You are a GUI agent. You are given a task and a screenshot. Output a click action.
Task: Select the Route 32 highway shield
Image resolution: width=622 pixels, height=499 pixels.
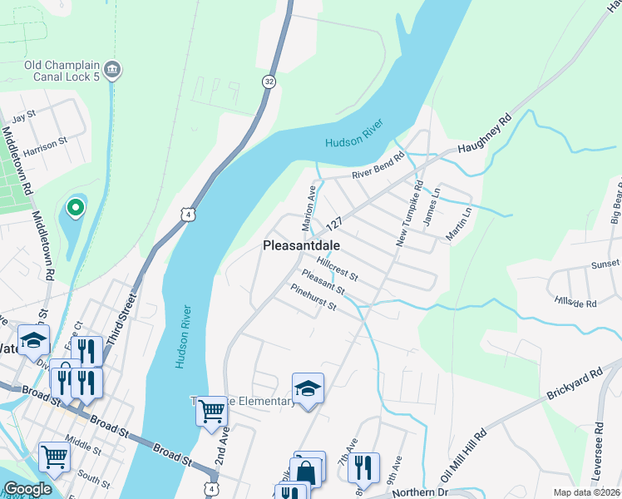coord(268,81)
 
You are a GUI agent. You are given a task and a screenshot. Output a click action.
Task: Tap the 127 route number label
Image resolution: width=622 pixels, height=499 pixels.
coord(335,225)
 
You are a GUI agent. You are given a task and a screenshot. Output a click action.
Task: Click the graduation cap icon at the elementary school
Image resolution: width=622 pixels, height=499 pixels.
coord(308,388)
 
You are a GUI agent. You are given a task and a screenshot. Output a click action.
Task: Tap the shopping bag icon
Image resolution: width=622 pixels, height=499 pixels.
coord(306,472)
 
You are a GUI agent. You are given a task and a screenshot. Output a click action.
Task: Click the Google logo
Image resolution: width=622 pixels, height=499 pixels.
coord(27,490)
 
